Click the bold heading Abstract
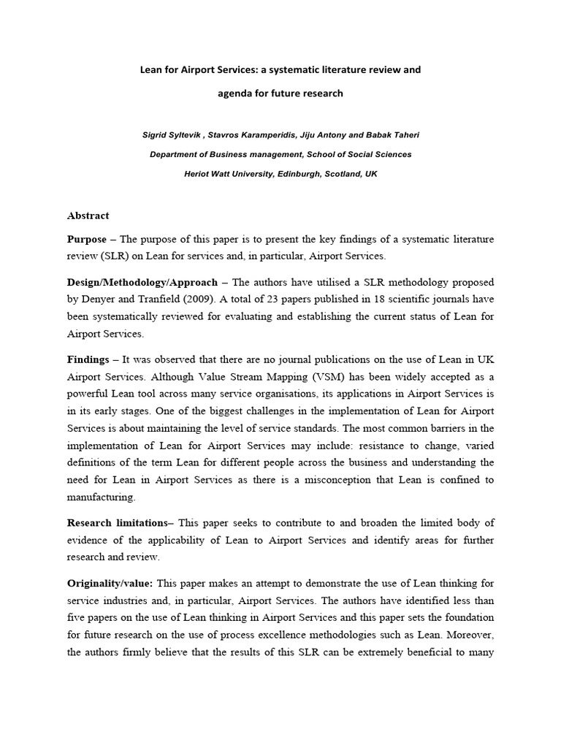(88, 215)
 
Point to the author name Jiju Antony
(315, 136)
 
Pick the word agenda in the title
(236, 93)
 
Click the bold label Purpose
(86, 240)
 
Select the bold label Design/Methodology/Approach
(142, 282)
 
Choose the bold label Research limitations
(119, 522)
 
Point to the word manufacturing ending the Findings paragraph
(101, 497)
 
